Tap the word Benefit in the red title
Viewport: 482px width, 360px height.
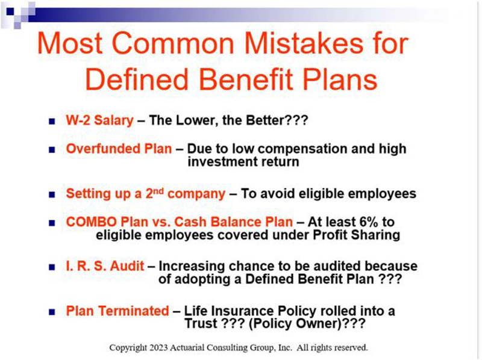point(246,79)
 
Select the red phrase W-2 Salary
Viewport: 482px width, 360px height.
point(99,120)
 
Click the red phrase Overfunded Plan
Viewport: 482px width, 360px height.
point(119,149)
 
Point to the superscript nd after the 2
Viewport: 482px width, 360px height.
point(158,191)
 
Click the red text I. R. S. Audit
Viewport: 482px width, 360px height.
point(105,266)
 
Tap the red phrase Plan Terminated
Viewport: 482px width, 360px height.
point(117,311)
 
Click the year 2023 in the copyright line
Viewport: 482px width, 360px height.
point(158,348)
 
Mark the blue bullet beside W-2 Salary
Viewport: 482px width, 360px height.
point(52,122)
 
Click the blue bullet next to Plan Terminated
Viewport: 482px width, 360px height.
point(52,312)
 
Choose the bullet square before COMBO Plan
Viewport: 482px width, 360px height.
point(52,223)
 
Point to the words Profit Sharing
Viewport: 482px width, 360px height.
point(356,235)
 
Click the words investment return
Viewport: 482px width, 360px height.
point(243,162)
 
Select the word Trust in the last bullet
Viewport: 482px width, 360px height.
point(201,324)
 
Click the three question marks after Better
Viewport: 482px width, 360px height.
point(296,120)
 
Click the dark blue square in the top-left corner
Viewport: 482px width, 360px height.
point(10,11)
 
